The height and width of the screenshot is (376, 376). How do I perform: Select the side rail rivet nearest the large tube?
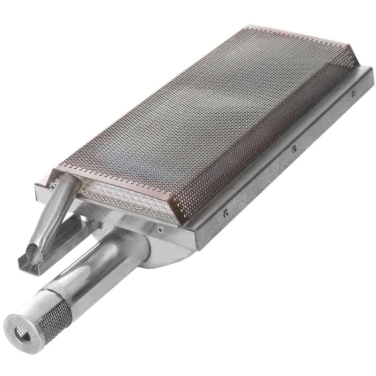tap(226, 212)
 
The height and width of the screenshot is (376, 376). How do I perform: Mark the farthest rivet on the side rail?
tap(353, 94)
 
